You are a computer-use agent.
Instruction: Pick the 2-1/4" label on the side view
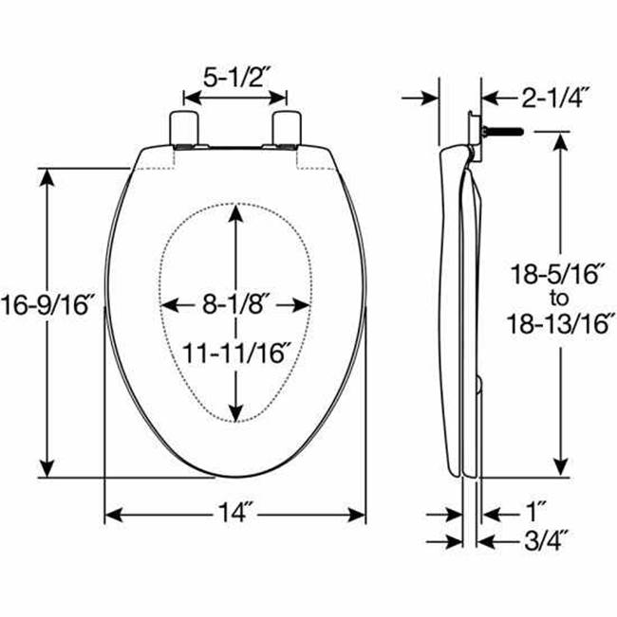tap(555, 98)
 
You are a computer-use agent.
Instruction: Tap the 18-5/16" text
tap(557, 274)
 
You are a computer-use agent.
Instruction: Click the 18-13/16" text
tap(560, 324)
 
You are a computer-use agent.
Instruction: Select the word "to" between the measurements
tap(559, 299)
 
